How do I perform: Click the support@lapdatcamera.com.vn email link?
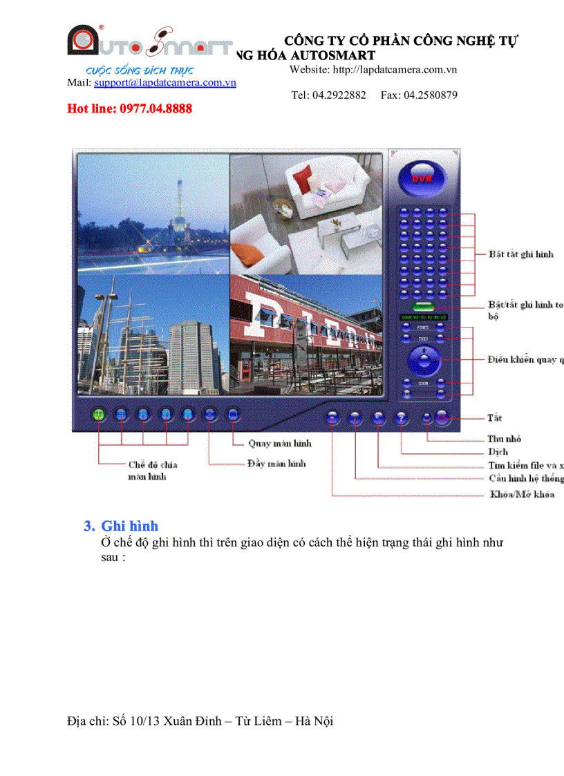point(165,82)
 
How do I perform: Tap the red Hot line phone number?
point(129,108)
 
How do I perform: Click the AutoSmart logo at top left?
point(149,43)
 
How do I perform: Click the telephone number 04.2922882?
point(339,95)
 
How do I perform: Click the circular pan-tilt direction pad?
point(422,359)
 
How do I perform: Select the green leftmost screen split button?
point(99,414)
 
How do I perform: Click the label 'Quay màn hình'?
point(280,444)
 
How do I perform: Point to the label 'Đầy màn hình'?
point(276,463)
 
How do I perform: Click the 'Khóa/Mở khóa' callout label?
point(522,494)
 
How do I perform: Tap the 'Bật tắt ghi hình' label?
point(520,254)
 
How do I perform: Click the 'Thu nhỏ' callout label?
point(504,439)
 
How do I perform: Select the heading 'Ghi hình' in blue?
point(129,526)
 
